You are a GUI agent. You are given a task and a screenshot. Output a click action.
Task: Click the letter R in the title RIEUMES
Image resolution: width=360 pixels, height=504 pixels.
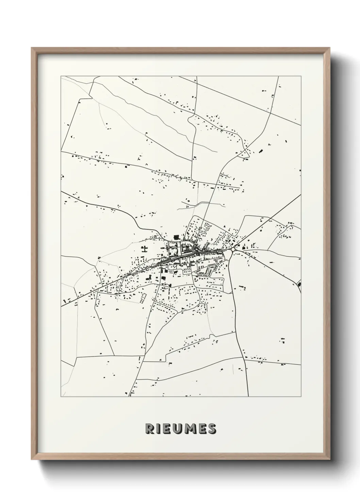point(149,429)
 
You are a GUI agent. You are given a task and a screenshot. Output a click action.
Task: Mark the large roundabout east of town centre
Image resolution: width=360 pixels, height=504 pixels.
point(233,250)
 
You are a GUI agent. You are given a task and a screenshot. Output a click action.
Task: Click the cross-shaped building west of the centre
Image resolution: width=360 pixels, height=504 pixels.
point(145,249)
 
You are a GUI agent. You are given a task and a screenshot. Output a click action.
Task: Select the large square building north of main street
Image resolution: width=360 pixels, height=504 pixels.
point(176,237)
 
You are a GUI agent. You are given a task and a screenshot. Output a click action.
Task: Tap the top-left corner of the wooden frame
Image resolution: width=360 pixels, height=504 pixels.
point(32,48)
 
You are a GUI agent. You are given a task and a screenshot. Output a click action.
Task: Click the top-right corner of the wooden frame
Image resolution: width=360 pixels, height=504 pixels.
point(330,48)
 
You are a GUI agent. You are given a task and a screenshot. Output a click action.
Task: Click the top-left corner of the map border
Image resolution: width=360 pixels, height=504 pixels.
point(61,76)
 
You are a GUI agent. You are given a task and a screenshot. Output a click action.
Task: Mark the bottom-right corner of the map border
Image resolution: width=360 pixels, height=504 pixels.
point(301,397)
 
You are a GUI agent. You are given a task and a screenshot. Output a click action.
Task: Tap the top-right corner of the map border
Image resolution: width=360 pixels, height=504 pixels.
point(301,76)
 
